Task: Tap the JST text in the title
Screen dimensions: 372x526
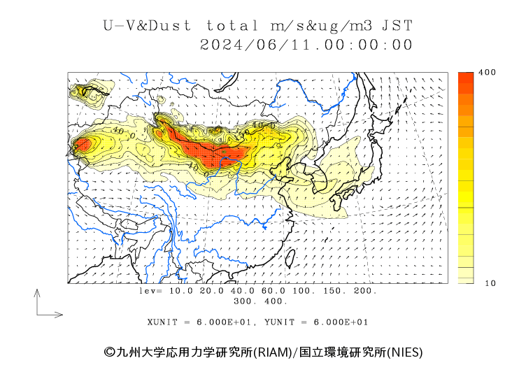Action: (x=397, y=26)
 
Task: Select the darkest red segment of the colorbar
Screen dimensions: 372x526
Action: (x=466, y=78)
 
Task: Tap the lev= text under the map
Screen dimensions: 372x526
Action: (x=150, y=290)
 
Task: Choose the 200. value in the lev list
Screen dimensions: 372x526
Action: (x=365, y=290)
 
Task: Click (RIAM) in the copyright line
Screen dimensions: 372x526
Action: (x=272, y=352)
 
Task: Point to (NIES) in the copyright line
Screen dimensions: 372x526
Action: (x=405, y=352)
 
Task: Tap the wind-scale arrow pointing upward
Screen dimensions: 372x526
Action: (x=37, y=301)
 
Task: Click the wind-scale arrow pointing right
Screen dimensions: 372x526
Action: (x=50, y=315)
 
